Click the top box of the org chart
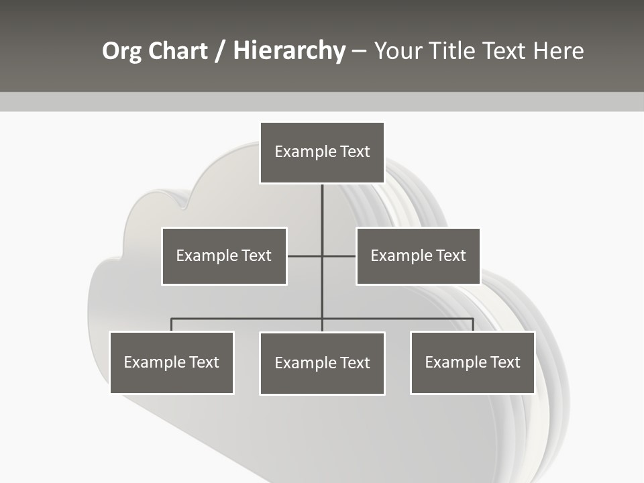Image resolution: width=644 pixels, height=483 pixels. pos(322,152)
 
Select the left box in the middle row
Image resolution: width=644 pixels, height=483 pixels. pos(224,256)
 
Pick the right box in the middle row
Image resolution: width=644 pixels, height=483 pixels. pos(418,256)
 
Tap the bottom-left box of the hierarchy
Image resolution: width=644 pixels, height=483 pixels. pos(172,362)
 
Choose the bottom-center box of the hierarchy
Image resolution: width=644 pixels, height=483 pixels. pos(322,363)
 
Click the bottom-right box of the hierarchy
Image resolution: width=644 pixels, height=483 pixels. pos(472,362)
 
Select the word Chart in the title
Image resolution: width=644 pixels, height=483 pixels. pos(177,51)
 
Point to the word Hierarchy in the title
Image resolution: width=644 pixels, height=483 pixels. pos(289,51)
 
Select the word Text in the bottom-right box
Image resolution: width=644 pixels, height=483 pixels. pos(505,362)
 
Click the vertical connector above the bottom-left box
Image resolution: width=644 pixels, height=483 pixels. pos(172,325)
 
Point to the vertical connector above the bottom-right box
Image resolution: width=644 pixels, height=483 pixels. pos(473,325)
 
